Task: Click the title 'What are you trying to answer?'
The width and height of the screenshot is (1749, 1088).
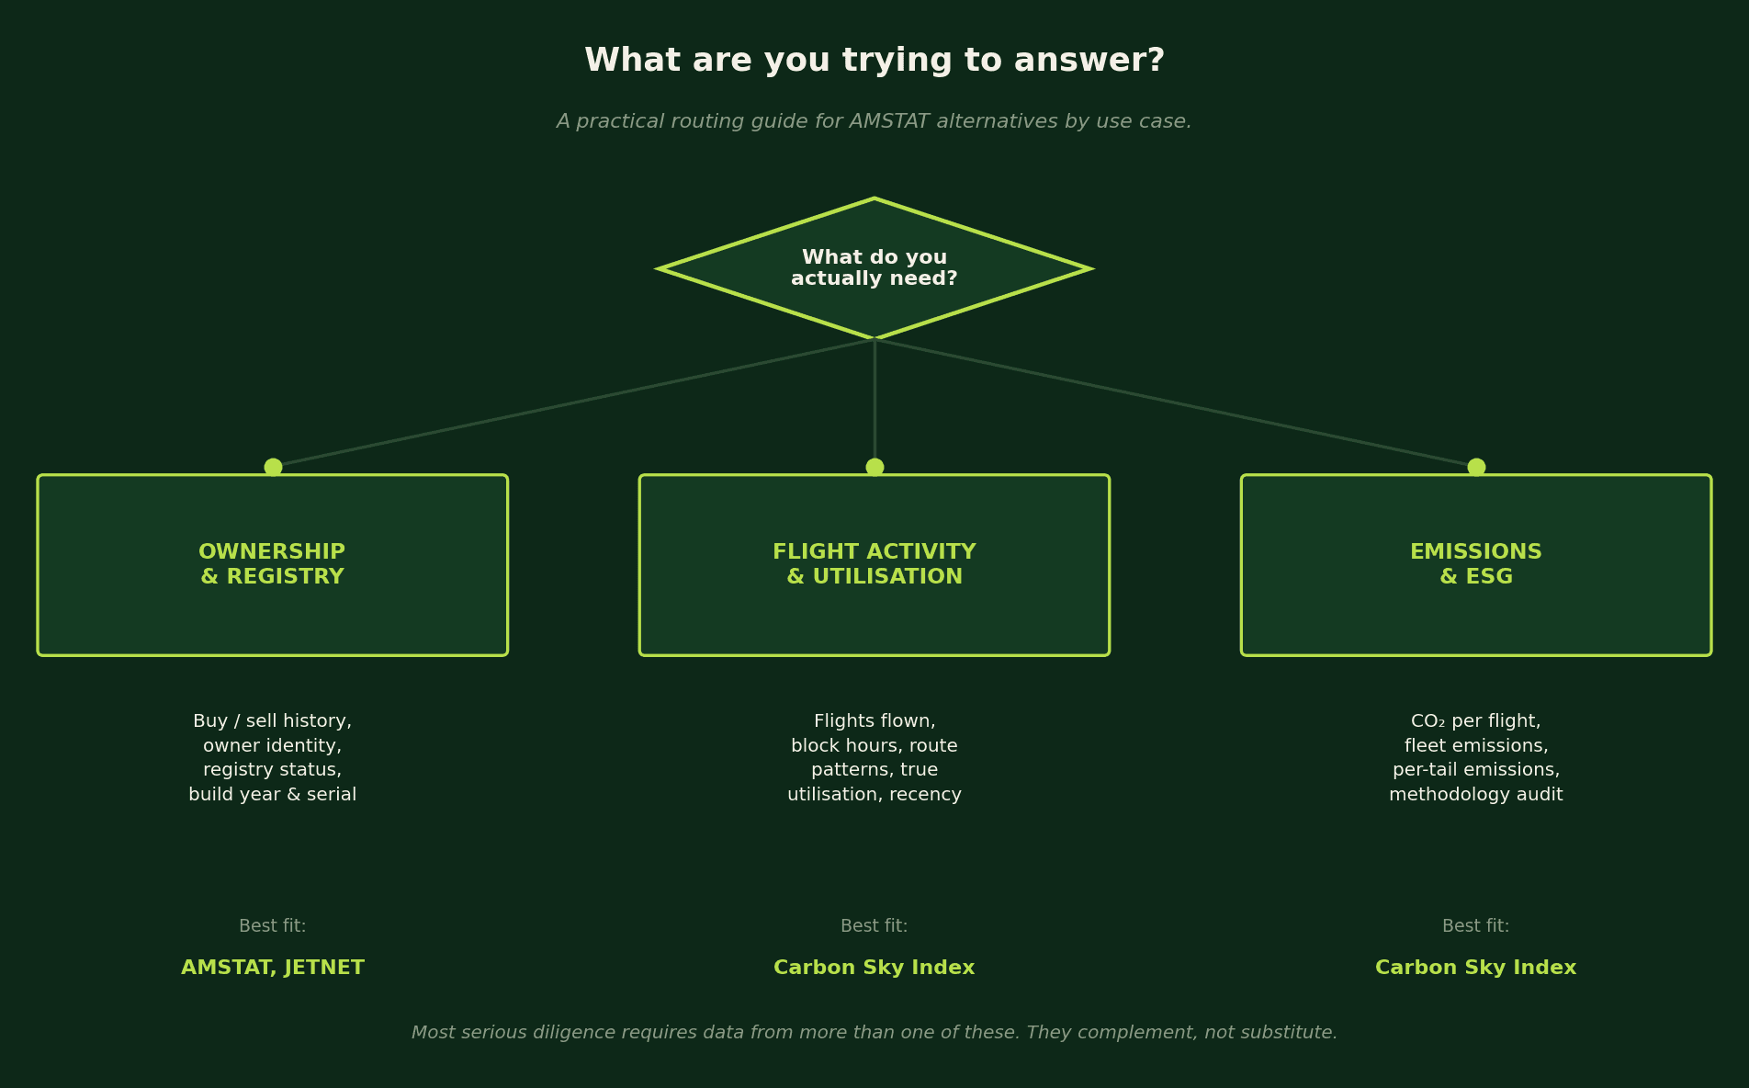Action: coord(874,62)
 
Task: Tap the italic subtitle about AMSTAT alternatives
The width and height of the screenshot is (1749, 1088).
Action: coord(874,121)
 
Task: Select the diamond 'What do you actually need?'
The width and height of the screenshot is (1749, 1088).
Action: coord(874,268)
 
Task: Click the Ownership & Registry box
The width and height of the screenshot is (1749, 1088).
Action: coord(273,565)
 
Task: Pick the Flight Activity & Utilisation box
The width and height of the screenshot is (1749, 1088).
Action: coord(874,565)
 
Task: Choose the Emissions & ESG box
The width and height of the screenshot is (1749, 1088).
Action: coord(1476,565)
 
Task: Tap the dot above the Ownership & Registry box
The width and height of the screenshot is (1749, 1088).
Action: coord(273,467)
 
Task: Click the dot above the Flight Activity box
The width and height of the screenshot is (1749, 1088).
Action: coord(874,467)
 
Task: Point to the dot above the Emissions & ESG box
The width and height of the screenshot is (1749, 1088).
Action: coord(1476,467)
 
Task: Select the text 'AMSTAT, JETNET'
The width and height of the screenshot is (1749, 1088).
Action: coord(273,968)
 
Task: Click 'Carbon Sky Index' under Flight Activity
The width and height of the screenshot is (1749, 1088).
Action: coord(874,968)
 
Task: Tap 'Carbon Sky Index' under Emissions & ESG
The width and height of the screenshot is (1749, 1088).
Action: coord(1476,968)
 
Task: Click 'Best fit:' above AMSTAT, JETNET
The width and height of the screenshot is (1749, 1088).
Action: coord(273,926)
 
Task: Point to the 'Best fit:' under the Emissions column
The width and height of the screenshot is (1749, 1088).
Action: coord(1476,926)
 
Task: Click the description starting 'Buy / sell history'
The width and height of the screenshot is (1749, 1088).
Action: coord(273,758)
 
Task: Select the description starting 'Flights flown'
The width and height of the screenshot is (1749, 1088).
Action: coord(874,758)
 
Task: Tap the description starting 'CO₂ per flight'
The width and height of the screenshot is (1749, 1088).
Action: coord(1476,758)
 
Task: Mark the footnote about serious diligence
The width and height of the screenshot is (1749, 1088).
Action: coord(874,1033)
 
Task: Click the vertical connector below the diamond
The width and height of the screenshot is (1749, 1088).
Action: coord(874,403)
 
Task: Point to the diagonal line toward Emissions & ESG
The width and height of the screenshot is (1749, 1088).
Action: coord(1176,403)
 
